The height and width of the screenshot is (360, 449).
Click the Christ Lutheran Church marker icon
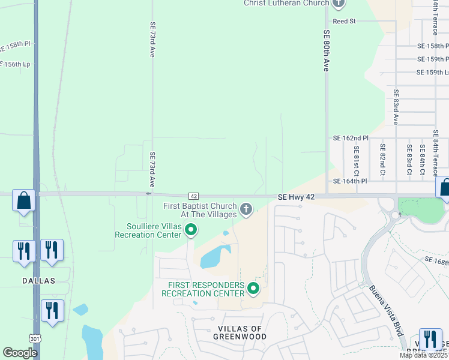(x=339, y=3)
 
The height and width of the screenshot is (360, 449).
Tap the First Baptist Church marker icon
(x=245, y=209)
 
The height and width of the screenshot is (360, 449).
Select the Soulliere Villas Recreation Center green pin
(x=191, y=229)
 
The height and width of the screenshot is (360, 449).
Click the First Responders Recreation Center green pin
(x=253, y=289)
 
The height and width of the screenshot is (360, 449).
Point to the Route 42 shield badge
(x=193, y=196)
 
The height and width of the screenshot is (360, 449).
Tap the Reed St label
(x=345, y=21)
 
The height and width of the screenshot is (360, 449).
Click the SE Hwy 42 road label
(x=296, y=196)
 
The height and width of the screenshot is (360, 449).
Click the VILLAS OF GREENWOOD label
(x=239, y=332)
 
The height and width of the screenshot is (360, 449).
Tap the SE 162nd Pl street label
(x=350, y=138)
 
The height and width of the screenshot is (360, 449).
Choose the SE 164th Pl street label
(x=350, y=181)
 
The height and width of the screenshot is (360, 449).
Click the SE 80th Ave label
(x=327, y=51)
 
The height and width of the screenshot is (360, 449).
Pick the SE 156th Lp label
(x=14, y=64)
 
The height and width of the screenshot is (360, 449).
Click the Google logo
(x=20, y=353)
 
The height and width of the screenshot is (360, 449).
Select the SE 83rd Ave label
(x=396, y=107)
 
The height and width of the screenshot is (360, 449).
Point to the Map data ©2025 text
(x=423, y=355)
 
